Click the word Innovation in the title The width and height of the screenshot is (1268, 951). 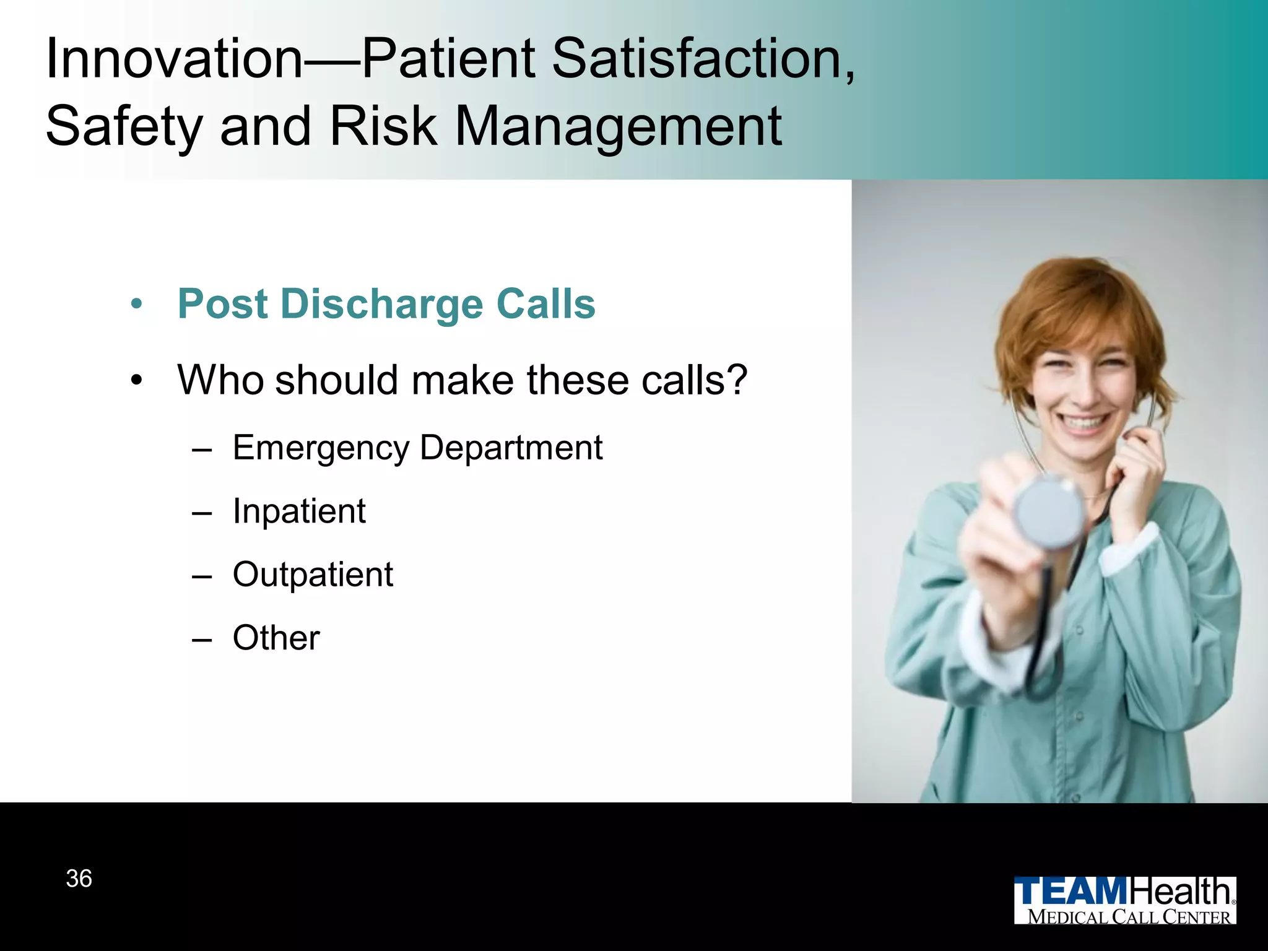(x=173, y=59)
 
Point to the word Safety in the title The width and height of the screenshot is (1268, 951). (x=124, y=128)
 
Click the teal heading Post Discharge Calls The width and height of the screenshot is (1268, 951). (x=386, y=305)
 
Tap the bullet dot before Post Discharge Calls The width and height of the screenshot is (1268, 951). (x=137, y=305)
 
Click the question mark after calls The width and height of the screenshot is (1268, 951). (x=737, y=380)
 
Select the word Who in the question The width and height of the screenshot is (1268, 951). (x=220, y=380)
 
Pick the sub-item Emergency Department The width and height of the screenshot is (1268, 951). (x=417, y=448)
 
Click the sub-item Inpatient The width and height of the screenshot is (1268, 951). (x=299, y=511)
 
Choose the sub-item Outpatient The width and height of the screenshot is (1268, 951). (x=313, y=575)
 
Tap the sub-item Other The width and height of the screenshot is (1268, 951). (x=276, y=638)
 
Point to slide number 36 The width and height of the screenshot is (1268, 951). (x=79, y=879)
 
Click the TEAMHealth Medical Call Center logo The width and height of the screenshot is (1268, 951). (x=1124, y=900)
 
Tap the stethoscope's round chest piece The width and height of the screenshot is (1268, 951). (x=1048, y=514)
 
